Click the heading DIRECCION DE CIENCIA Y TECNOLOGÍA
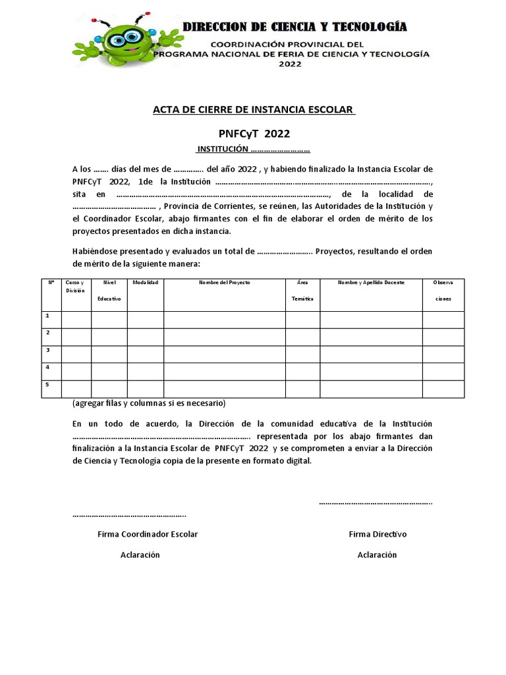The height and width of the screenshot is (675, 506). (295, 27)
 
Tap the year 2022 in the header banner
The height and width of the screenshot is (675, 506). (290, 64)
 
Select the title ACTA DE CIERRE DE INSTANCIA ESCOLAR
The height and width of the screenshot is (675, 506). (254, 109)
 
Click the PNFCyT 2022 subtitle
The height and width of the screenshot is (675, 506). (254, 133)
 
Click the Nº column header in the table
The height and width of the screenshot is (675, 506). (51, 283)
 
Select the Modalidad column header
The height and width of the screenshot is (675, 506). (145, 283)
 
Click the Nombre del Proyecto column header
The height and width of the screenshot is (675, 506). (225, 283)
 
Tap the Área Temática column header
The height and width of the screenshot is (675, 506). (302, 290)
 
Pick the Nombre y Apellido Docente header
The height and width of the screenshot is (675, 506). (371, 283)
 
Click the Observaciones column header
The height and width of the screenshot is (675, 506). (443, 290)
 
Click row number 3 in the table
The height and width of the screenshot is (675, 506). (47, 350)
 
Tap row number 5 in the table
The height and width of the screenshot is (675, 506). (47, 384)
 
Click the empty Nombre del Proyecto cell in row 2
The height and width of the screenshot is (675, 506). (225, 337)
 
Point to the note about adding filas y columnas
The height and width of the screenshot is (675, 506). (148, 403)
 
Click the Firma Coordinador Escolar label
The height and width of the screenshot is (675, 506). (147, 534)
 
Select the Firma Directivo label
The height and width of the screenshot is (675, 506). (378, 534)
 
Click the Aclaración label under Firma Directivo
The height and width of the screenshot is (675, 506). (378, 555)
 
